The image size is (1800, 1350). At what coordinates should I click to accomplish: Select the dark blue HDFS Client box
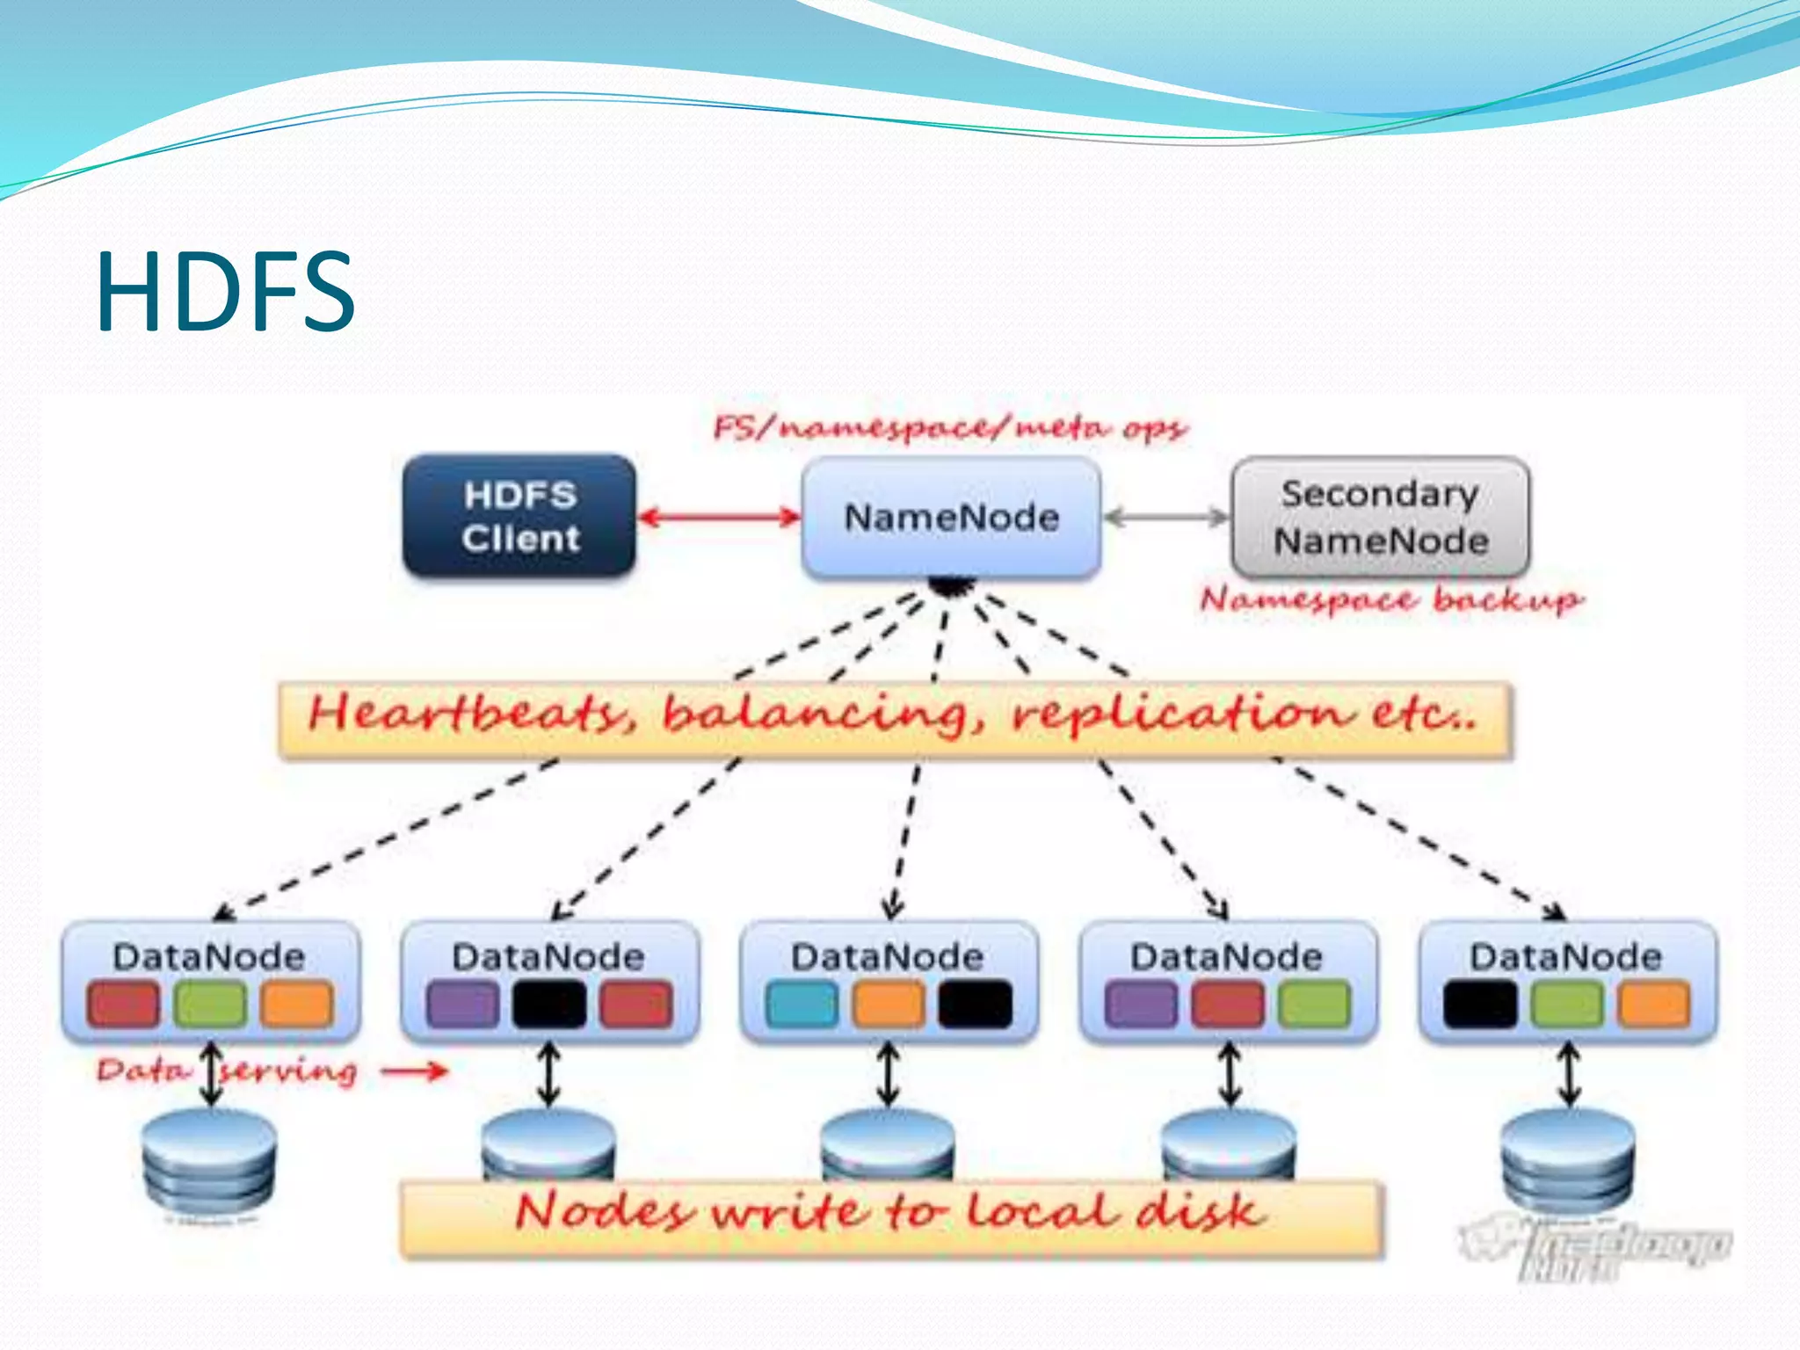point(519,516)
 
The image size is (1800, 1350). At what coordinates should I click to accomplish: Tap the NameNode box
point(951,518)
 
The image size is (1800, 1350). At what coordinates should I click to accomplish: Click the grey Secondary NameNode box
point(1380,517)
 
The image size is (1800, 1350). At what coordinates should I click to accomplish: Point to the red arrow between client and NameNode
point(719,517)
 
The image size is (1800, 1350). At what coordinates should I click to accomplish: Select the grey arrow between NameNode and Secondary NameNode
point(1166,518)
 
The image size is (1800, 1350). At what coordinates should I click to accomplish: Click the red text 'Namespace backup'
point(1390,600)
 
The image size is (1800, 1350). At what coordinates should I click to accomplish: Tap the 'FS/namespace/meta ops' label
point(949,428)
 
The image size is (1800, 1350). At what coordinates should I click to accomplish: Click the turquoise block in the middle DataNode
point(802,1004)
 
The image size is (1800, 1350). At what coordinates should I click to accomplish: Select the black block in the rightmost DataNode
point(1480,1004)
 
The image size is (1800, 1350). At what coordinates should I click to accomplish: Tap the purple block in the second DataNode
point(462,1004)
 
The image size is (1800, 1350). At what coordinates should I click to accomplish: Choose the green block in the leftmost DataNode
point(210,1004)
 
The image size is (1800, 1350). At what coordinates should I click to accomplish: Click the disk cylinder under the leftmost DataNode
point(210,1160)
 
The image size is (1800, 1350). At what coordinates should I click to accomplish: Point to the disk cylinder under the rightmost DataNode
point(1568,1160)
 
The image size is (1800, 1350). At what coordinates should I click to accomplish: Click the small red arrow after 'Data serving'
point(415,1071)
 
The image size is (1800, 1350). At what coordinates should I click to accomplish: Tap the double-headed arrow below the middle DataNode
point(889,1074)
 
